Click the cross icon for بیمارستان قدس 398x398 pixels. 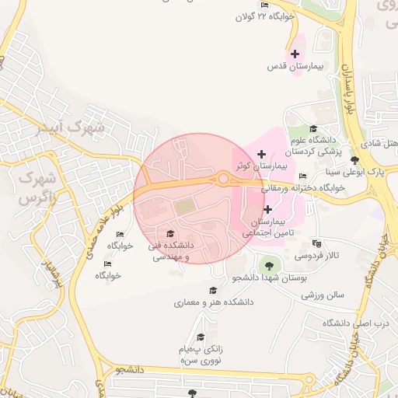click(295, 54)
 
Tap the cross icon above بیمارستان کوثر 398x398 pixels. click(261, 154)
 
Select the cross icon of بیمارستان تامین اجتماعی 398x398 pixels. click(267, 209)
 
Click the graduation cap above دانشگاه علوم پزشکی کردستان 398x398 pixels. click(313, 129)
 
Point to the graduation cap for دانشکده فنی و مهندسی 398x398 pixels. click(170, 233)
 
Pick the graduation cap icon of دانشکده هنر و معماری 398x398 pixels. click(212, 291)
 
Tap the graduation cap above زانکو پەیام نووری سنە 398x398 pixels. click(201, 337)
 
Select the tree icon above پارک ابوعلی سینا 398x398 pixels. click(355, 159)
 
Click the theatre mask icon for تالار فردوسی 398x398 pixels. click(316, 243)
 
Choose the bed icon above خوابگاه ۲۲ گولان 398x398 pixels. click(265, 5)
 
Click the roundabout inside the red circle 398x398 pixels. click(224, 179)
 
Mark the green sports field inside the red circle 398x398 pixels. click(184, 207)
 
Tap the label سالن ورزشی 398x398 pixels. click(324, 295)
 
